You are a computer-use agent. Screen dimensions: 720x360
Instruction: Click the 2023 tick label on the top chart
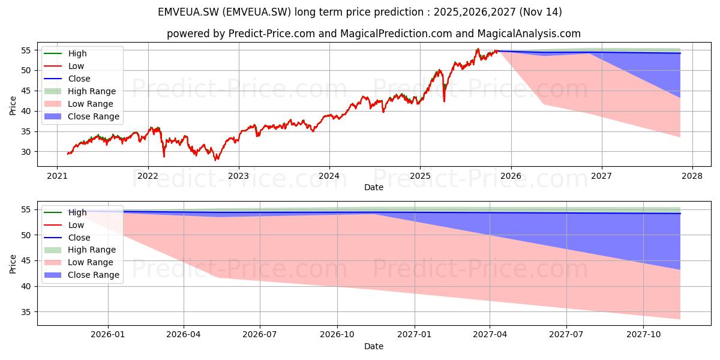239,176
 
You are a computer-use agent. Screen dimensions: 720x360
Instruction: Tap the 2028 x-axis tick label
692,176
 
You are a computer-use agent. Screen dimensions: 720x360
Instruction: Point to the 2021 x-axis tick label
57,176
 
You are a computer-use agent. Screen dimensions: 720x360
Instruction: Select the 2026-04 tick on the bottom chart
184,335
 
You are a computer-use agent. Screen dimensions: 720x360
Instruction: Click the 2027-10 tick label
643,335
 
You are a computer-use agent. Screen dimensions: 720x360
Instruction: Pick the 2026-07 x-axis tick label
260,335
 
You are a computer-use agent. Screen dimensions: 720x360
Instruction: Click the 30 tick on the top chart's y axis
26,152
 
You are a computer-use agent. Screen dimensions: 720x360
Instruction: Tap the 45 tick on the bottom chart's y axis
26,261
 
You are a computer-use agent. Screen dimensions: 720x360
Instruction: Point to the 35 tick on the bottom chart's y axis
26,312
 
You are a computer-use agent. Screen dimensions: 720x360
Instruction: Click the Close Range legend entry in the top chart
82,116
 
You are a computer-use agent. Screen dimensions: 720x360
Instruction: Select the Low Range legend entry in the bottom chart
79,262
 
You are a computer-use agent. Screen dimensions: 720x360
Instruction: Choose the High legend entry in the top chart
65,53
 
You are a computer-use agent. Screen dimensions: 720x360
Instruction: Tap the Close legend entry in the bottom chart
67,238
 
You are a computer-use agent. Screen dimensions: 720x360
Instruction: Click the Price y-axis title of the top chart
13,106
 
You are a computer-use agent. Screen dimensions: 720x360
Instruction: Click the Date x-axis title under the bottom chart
373,346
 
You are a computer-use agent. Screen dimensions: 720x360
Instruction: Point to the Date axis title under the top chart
373,187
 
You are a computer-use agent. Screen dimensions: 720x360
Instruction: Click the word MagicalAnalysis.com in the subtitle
529,34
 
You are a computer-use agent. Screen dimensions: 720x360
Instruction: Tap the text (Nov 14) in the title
541,12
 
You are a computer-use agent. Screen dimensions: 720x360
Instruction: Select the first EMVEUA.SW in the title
188,12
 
